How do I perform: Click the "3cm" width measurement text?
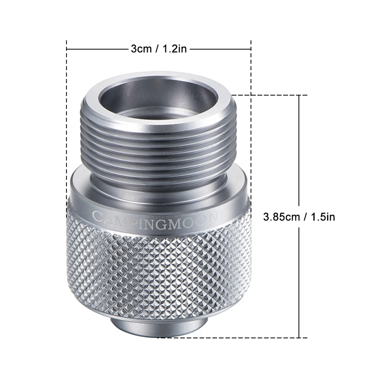(141, 49)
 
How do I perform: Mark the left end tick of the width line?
(67, 49)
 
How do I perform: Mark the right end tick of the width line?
(251, 49)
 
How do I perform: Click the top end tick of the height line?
(299, 95)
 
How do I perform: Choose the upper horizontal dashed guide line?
(269, 95)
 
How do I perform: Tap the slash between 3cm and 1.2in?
(156, 49)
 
